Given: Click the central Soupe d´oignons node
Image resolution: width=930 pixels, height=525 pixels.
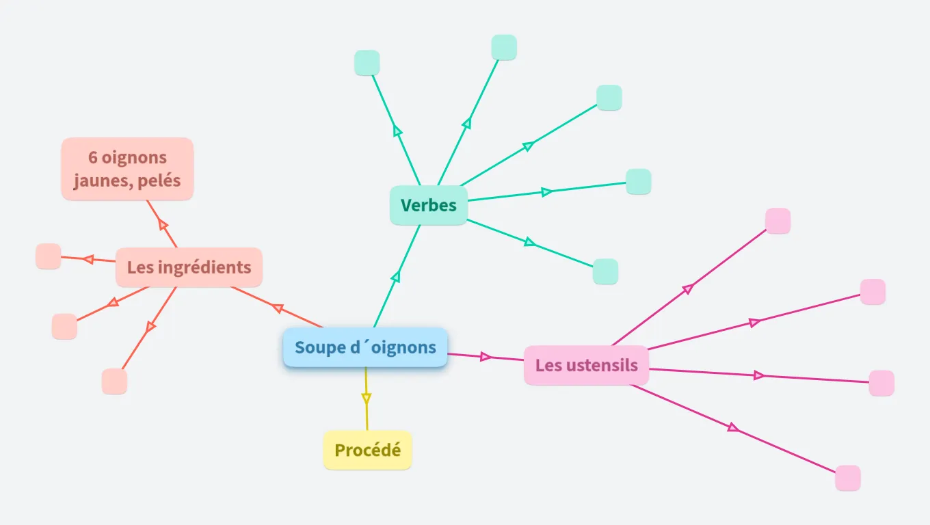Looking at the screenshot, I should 365,347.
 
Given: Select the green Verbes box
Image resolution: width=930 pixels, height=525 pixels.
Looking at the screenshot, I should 429,205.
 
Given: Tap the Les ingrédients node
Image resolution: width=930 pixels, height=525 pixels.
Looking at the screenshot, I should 189,267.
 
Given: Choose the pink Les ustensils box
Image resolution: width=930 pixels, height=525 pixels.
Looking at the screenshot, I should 586,365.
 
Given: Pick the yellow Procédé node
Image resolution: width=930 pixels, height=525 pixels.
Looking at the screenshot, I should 367,450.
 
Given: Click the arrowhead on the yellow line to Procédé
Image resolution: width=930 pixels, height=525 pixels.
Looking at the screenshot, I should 366,398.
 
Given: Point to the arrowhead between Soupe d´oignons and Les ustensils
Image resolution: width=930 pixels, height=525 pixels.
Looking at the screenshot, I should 486,356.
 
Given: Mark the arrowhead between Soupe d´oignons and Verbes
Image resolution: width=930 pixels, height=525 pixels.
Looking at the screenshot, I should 395,277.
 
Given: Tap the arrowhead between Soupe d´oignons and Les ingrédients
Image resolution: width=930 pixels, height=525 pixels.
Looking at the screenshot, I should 278,308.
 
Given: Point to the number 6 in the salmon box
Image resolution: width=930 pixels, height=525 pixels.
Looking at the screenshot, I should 92,157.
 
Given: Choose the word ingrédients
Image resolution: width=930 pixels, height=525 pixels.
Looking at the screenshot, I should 204,267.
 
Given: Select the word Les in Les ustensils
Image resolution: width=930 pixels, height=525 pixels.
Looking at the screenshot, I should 548,365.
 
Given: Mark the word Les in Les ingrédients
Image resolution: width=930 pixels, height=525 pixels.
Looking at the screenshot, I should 140,267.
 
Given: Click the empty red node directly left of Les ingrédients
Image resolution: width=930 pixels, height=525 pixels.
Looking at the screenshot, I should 49,256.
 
